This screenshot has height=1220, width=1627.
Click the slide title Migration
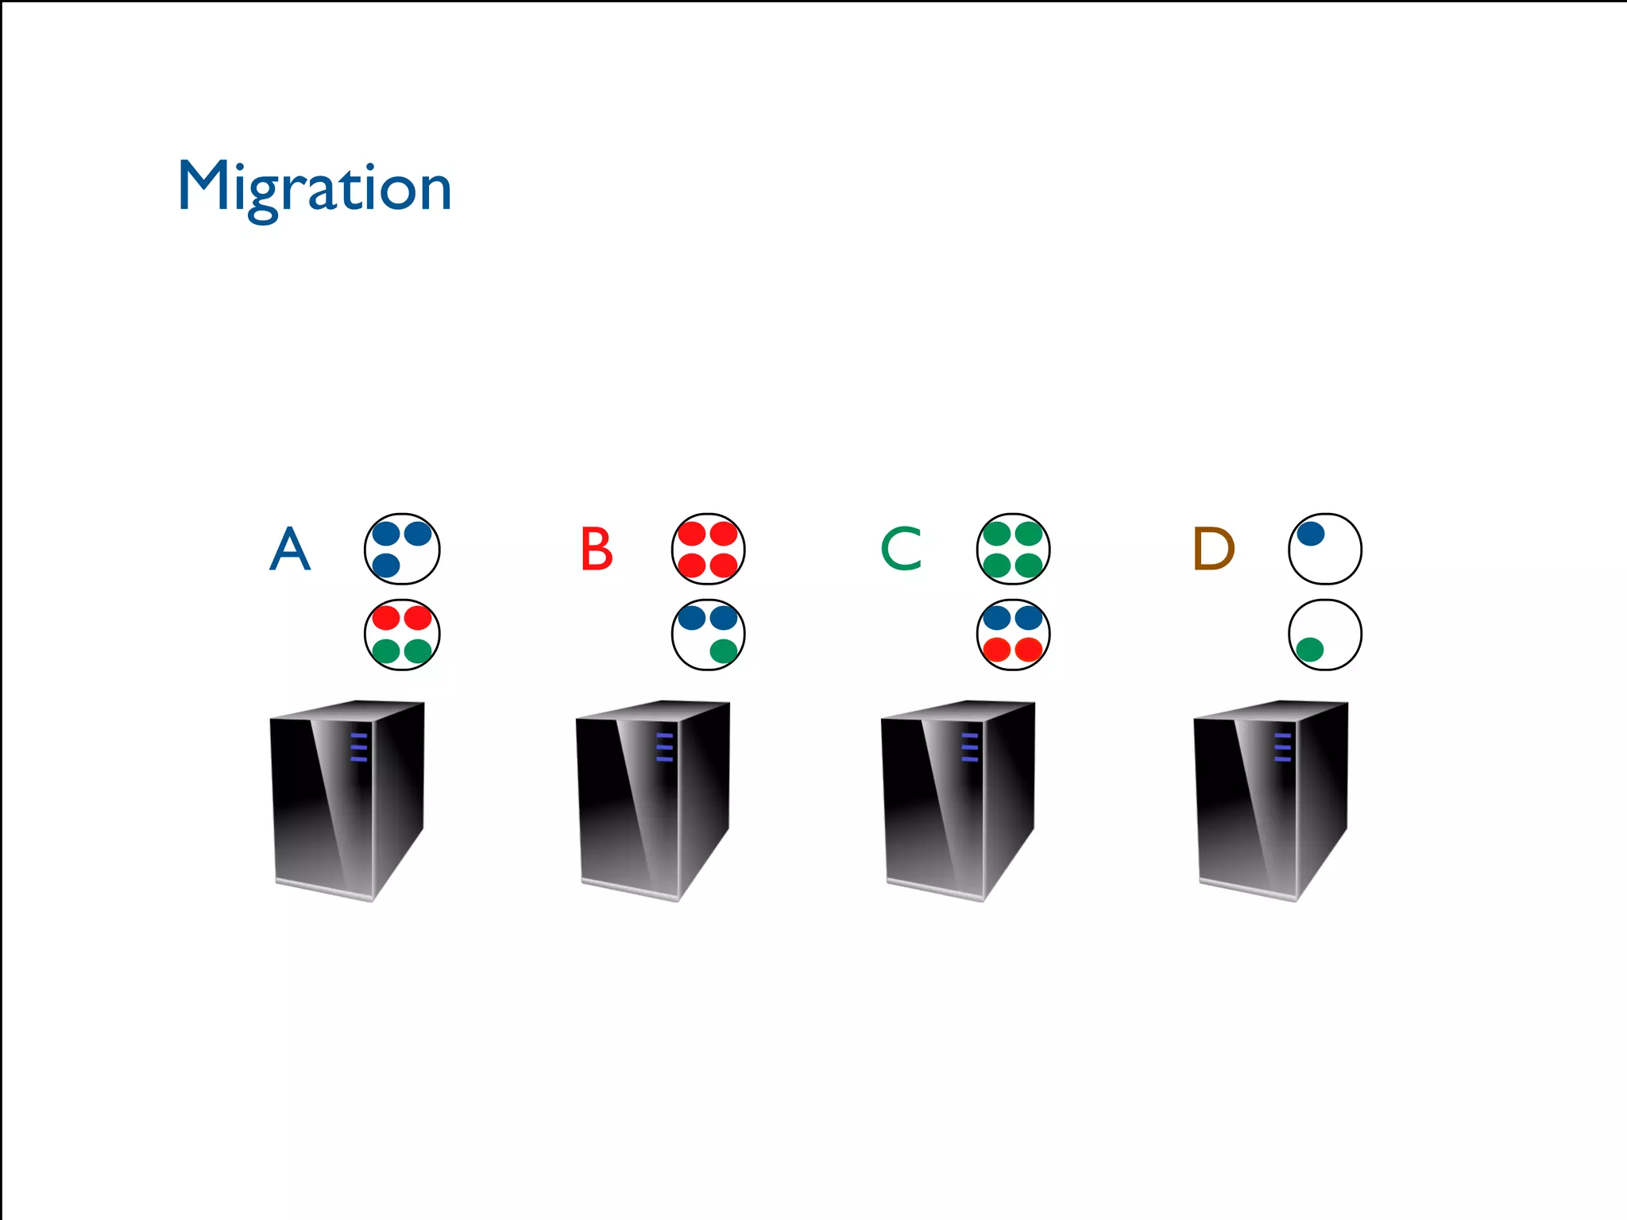pyautogui.click(x=315, y=187)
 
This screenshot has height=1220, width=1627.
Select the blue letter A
pyautogui.click(x=290, y=549)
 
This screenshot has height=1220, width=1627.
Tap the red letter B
pyautogui.click(x=597, y=549)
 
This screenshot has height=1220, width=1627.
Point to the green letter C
pyautogui.click(x=902, y=549)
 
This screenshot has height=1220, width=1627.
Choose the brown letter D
pyautogui.click(x=1213, y=549)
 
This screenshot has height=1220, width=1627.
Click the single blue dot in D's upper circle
pyautogui.click(x=1311, y=533)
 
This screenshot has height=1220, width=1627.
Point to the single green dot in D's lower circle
pyautogui.click(x=1309, y=650)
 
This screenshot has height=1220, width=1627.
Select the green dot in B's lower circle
pyautogui.click(x=723, y=651)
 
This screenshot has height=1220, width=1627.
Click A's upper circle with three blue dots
pyautogui.click(x=402, y=549)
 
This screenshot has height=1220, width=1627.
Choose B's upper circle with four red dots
pyautogui.click(x=709, y=549)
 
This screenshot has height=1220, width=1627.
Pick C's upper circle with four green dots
pyautogui.click(x=1013, y=549)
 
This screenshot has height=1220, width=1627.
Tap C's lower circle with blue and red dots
pyautogui.click(x=1013, y=635)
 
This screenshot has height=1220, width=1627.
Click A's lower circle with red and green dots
pyautogui.click(x=402, y=635)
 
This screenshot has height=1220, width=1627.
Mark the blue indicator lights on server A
pyautogui.click(x=359, y=747)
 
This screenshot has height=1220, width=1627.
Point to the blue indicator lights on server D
pyautogui.click(x=1282, y=747)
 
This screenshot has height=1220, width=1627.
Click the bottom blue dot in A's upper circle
pyautogui.click(x=386, y=566)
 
